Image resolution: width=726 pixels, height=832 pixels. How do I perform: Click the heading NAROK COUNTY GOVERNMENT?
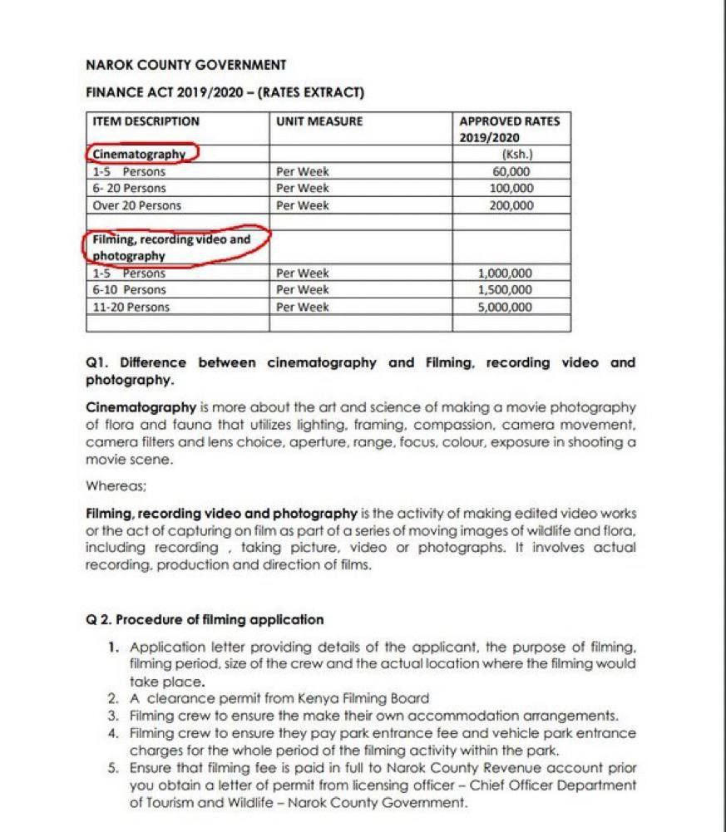(186, 65)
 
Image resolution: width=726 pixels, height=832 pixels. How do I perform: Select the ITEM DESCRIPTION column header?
(146, 121)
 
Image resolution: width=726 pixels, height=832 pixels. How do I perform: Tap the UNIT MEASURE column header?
(319, 121)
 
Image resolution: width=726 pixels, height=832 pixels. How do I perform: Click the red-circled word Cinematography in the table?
(139, 154)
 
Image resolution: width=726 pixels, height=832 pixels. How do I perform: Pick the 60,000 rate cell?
(511, 171)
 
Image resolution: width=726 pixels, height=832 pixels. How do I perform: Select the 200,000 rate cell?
(511, 205)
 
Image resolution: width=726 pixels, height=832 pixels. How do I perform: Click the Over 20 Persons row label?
(136, 205)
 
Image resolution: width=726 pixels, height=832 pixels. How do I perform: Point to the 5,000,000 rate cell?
(505, 307)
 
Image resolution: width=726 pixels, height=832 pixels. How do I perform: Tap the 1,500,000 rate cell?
(505, 290)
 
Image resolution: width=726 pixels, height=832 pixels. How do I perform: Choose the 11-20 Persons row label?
(131, 307)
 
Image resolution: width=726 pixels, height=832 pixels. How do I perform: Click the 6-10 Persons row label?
(129, 290)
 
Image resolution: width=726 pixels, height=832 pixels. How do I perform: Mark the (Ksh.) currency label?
(517, 154)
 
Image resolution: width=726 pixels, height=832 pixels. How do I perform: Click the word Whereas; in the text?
(109, 485)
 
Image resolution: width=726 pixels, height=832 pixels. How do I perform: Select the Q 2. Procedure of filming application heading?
(205, 620)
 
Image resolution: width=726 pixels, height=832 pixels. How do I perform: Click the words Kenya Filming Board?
(376, 699)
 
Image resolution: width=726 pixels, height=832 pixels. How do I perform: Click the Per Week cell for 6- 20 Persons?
(303, 189)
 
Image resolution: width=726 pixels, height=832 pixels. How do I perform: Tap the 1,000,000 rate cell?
(505, 273)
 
